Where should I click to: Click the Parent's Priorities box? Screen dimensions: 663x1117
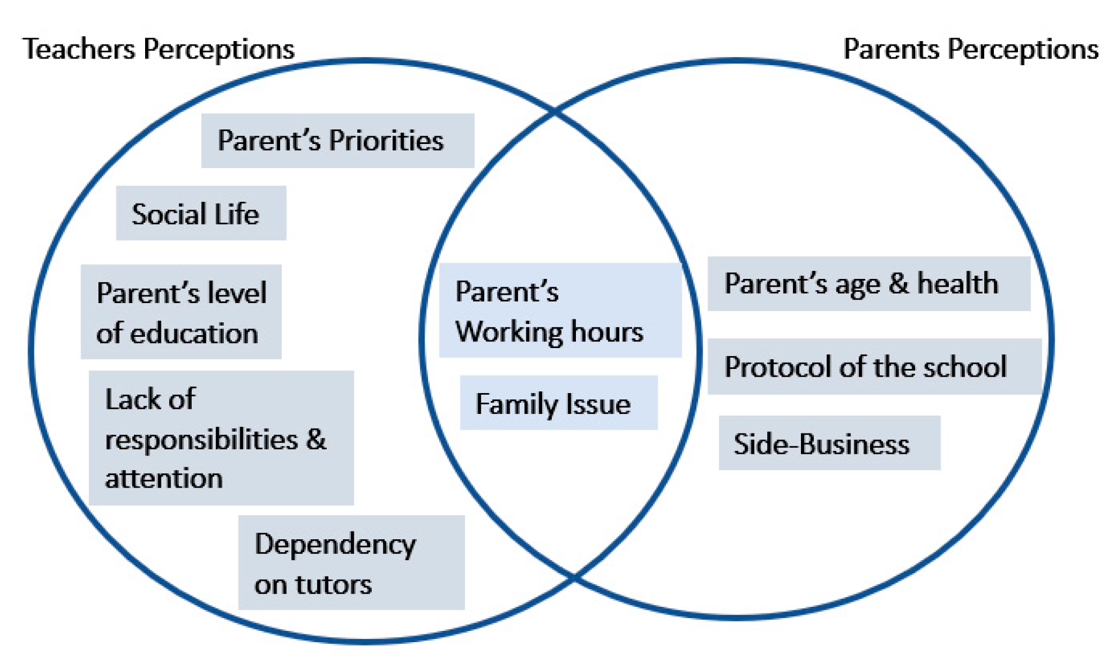[x=337, y=141]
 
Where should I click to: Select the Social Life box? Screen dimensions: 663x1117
[x=201, y=214]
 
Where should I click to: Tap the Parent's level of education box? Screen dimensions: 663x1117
[x=181, y=312]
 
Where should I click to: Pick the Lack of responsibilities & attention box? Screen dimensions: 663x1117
[x=221, y=438]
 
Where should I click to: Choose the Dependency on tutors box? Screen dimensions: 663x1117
[x=351, y=563]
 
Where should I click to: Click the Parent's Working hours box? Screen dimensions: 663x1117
[x=560, y=310]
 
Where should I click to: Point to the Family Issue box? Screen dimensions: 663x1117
[x=558, y=403]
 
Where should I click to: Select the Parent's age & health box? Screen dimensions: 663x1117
[x=868, y=283]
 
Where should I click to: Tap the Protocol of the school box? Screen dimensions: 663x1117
[x=874, y=367]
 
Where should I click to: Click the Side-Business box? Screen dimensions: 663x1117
[x=829, y=443]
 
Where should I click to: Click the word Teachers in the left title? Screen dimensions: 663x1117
[x=79, y=49]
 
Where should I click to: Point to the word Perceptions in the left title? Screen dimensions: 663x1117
[x=219, y=50]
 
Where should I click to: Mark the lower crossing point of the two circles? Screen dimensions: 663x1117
[x=574, y=576]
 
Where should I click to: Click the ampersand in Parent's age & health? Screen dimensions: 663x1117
[x=898, y=283]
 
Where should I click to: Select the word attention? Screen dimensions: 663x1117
[x=164, y=479]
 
